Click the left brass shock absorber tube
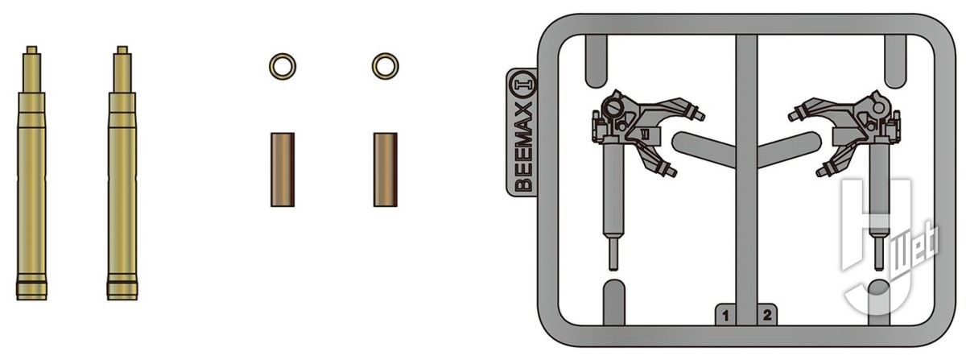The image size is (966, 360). (31, 172)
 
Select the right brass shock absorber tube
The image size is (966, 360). (122, 172)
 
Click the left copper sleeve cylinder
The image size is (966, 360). (283, 170)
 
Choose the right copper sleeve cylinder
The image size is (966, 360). (385, 170)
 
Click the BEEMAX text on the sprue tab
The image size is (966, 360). (523, 146)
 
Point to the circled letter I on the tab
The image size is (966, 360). (523, 85)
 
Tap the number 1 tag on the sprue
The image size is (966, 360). (725, 316)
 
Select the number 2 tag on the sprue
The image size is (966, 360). (767, 315)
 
